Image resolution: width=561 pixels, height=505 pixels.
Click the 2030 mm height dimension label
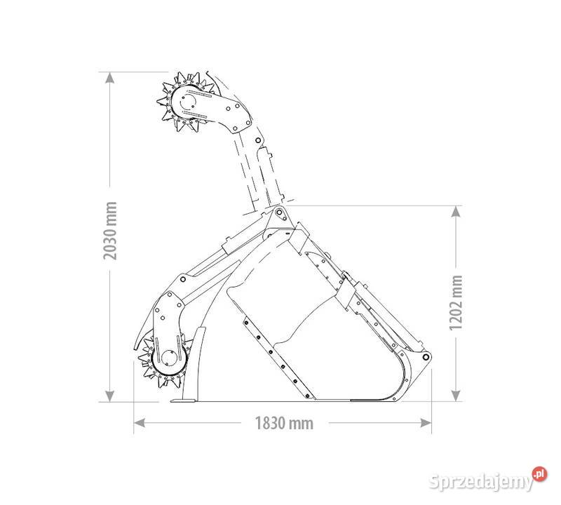111,231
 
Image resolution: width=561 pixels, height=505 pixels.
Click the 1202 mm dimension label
457,303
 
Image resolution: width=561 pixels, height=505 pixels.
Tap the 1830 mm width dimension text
284,423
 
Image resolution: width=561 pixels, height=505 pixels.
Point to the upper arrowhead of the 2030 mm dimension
110,78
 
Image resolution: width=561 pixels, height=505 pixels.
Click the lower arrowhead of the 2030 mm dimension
110,396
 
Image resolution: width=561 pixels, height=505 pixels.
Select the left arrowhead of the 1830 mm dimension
140,423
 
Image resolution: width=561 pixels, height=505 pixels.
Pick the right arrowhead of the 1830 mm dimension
426,423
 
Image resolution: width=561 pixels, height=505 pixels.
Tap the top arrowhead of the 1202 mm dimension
455,212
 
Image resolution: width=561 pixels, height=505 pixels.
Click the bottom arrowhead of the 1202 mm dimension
455,396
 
